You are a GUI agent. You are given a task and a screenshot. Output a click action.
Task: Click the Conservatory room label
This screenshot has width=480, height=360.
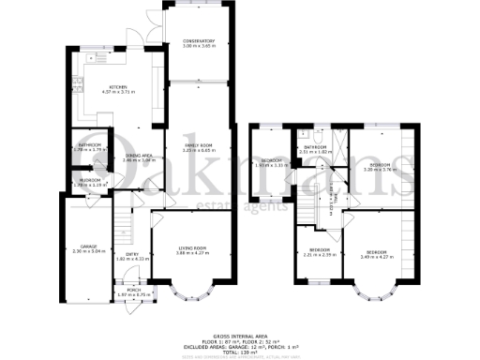click(199, 42)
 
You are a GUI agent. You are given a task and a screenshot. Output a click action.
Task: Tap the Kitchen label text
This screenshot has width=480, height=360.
click(117, 87)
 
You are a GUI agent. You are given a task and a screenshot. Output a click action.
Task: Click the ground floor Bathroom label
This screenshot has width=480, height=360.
click(89, 145)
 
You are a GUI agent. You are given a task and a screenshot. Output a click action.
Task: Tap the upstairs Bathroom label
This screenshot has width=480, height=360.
click(313, 147)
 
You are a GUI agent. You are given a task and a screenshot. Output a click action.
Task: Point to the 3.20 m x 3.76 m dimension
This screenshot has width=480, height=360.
click(381, 170)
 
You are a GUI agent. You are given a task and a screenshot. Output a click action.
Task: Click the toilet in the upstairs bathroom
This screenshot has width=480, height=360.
click(321, 137)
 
